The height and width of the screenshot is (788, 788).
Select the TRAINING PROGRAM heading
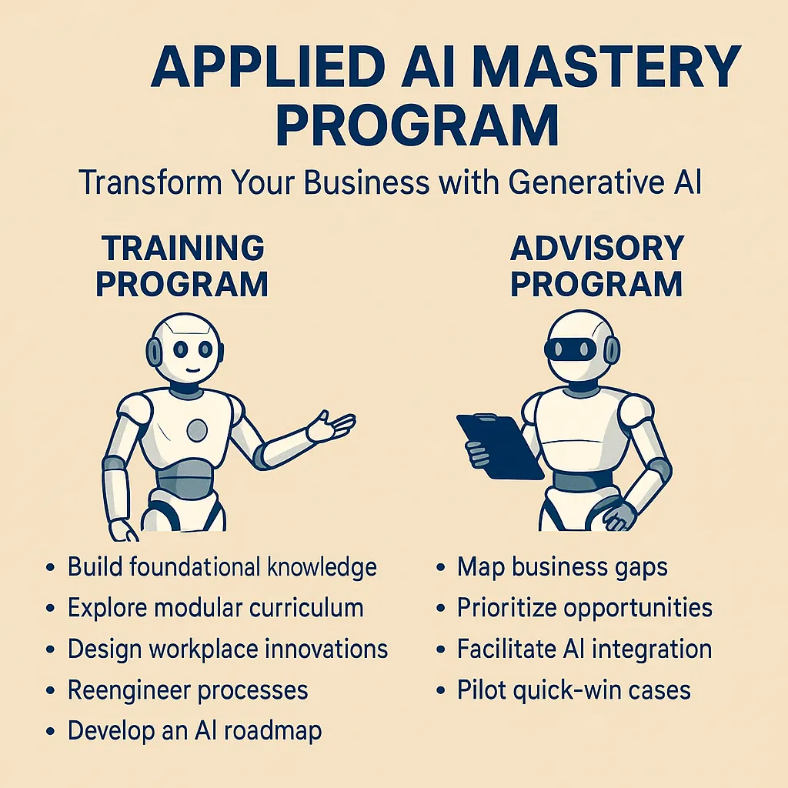(x=182, y=266)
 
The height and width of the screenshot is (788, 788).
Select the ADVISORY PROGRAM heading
(x=596, y=266)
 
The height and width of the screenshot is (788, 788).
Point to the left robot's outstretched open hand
(x=331, y=426)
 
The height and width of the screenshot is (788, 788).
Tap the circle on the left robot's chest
(x=197, y=430)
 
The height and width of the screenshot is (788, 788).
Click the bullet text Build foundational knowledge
(x=222, y=567)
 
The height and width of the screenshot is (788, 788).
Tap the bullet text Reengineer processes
(x=188, y=690)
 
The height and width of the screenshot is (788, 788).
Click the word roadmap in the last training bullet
(x=272, y=732)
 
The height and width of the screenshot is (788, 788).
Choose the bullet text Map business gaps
(x=563, y=568)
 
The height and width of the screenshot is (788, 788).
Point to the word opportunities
(x=638, y=609)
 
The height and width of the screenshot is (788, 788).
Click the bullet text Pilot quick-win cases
(x=574, y=690)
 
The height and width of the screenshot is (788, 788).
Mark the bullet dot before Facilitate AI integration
(x=441, y=649)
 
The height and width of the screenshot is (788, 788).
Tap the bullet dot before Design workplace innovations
(x=50, y=649)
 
